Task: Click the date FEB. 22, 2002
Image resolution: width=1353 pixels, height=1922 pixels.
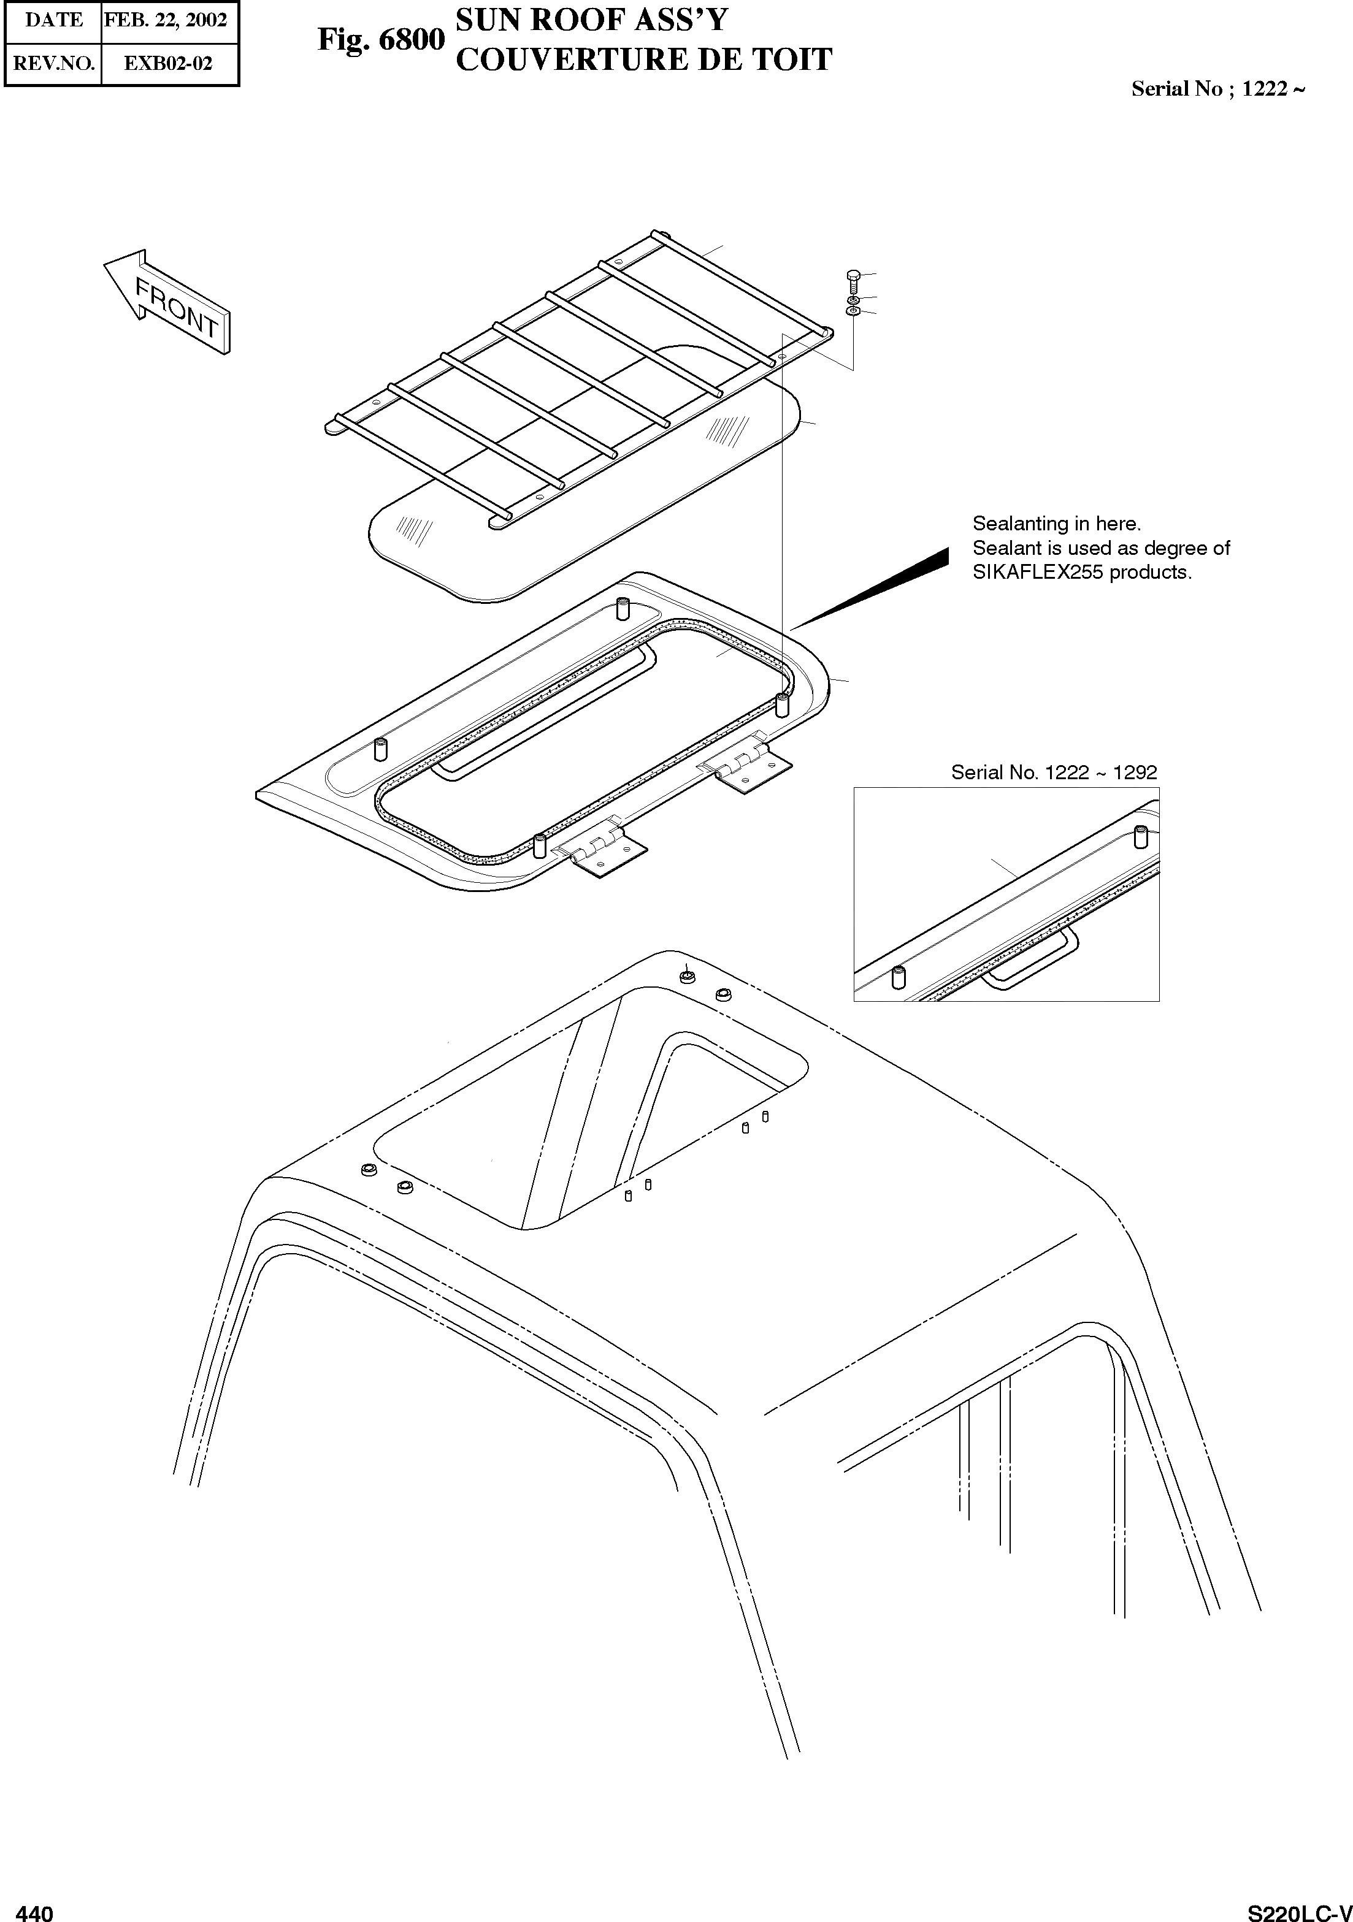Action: tap(166, 20)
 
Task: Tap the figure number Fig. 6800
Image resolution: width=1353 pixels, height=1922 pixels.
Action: tap(381, 39)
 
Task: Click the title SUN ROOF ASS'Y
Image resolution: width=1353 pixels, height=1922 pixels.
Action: tap(591, 19)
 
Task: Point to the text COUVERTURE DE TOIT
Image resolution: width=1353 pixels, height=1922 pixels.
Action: tap(643, 59)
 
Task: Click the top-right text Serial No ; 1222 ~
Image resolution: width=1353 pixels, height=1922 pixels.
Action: tap(1217, 89)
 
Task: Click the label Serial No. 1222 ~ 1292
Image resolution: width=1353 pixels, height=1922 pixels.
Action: tap(1053, 772)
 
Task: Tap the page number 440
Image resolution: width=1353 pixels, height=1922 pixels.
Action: tap(34, 1913)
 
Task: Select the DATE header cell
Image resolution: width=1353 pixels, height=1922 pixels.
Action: tap(53, 20)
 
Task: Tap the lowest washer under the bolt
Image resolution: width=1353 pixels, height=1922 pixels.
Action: tap(853, 311)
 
